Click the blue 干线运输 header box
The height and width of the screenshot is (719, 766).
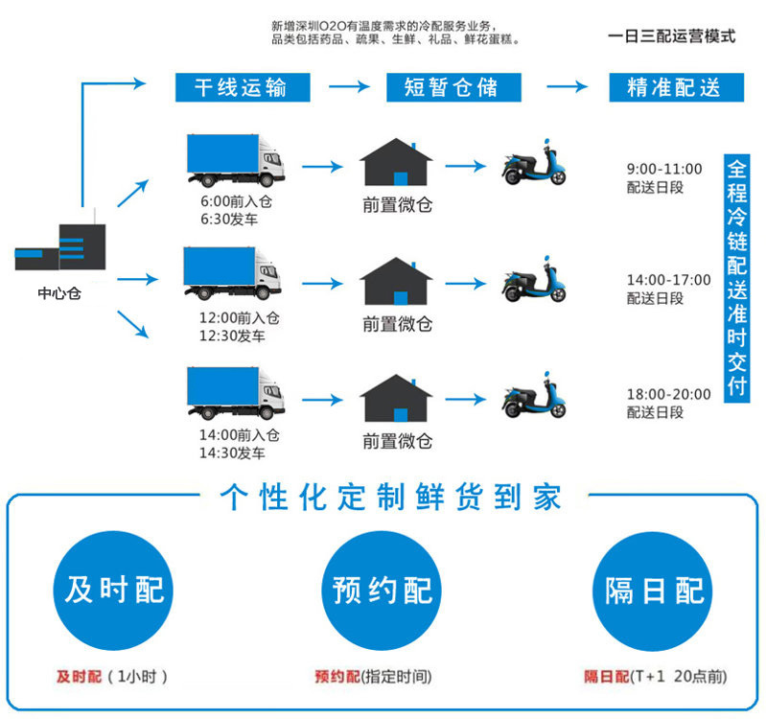[x=245, y=87]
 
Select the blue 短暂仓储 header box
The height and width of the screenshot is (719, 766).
[x=451, y=87]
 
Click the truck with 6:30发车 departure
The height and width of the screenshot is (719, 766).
[x=235, y=159]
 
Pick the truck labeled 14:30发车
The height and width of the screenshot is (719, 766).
[x=235, y=393]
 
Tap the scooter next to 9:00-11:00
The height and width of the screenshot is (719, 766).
[x=534, y=165]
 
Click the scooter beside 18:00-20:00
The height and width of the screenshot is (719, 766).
[x=534, y=394]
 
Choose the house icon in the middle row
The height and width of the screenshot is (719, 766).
[x=396, y=280]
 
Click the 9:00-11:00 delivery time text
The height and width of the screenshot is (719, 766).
[x=664, y=170]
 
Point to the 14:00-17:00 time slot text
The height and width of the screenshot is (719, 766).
[x=669, y=280]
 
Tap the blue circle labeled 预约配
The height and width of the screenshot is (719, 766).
[x=383, y=589]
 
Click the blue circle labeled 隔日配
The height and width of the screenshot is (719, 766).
[x=654, y=589]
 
